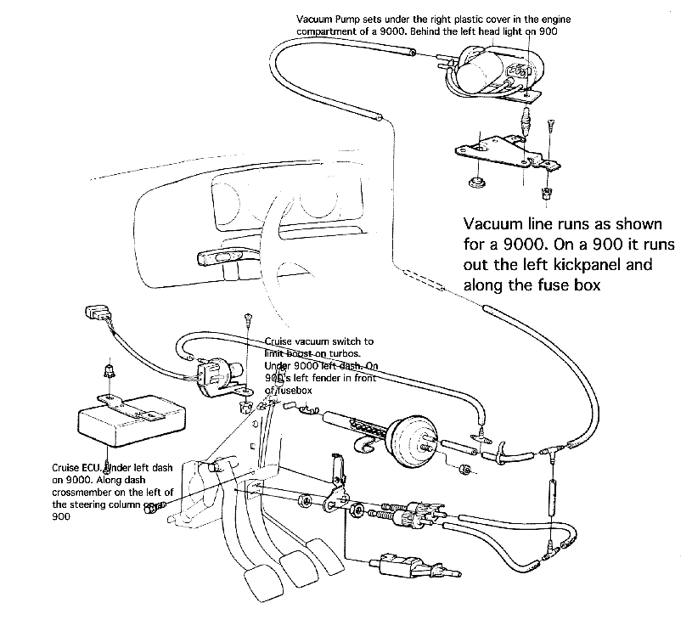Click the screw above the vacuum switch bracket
247,321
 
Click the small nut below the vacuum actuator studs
465,469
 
